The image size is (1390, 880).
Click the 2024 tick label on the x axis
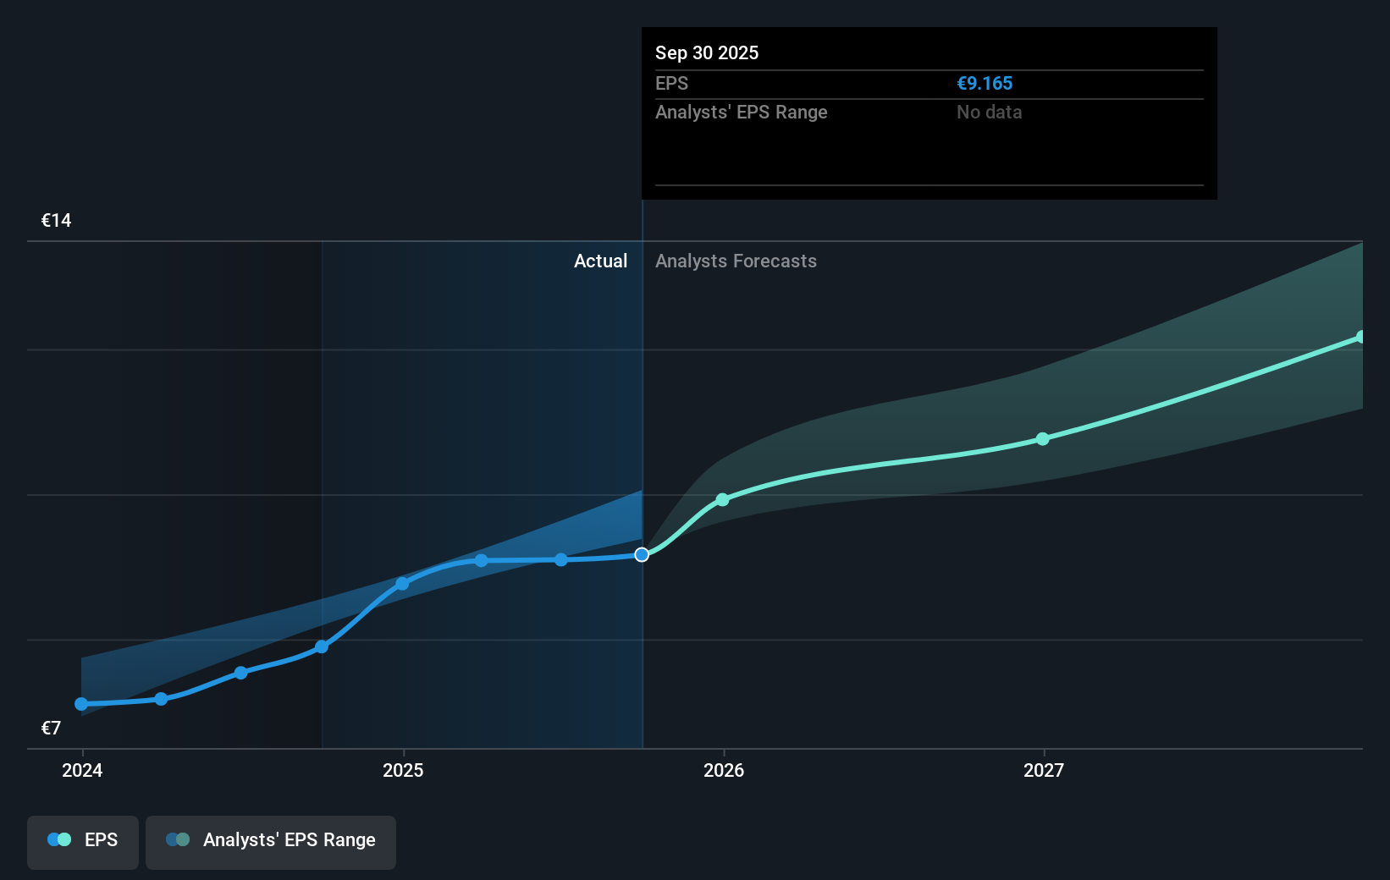click(82, 770)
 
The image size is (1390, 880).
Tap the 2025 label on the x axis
click(403, 770)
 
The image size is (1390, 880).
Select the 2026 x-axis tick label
click(724, 770)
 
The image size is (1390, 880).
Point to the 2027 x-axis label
click(1044, 770)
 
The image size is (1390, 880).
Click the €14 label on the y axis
click(57, 221)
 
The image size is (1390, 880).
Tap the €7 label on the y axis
click(51, 729)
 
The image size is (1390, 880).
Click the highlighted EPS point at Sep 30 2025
click(642, 555)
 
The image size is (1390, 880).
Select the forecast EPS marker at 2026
click(722, 500)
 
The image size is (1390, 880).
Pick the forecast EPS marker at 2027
click(1043, 439)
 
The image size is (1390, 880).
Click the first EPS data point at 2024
click(81, 704)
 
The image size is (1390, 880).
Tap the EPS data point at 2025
click(402, 584)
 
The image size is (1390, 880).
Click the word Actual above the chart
click(600, 261)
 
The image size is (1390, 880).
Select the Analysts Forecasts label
click(736, 261)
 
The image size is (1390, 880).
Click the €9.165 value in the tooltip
click(985, 84)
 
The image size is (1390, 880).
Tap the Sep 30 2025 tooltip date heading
click(707, 53)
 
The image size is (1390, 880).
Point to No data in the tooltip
click(989, 113)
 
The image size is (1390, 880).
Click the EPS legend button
click(83, 840)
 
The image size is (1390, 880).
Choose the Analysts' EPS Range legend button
click(271, 840)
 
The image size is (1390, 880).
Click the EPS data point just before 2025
click(322, 647)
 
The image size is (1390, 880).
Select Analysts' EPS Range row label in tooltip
click(741, 113)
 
